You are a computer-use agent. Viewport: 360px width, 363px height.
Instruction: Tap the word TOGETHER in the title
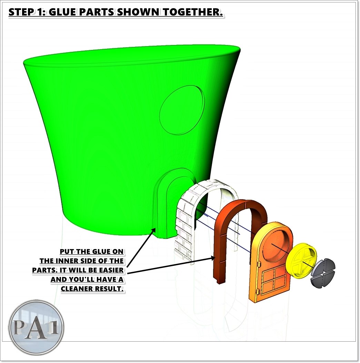pyautogui.click(x=192, y=12)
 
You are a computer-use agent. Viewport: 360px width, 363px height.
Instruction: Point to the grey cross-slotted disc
pyautogui.click(x=323, y=273)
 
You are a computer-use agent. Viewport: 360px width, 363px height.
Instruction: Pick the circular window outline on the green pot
pyautogui.click(x=182, y=110)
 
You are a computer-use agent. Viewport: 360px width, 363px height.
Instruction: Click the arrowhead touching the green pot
pyautogui.click(x=153, y=230)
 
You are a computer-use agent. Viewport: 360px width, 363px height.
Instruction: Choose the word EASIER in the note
pyautogui.click(x=111, y=270)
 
